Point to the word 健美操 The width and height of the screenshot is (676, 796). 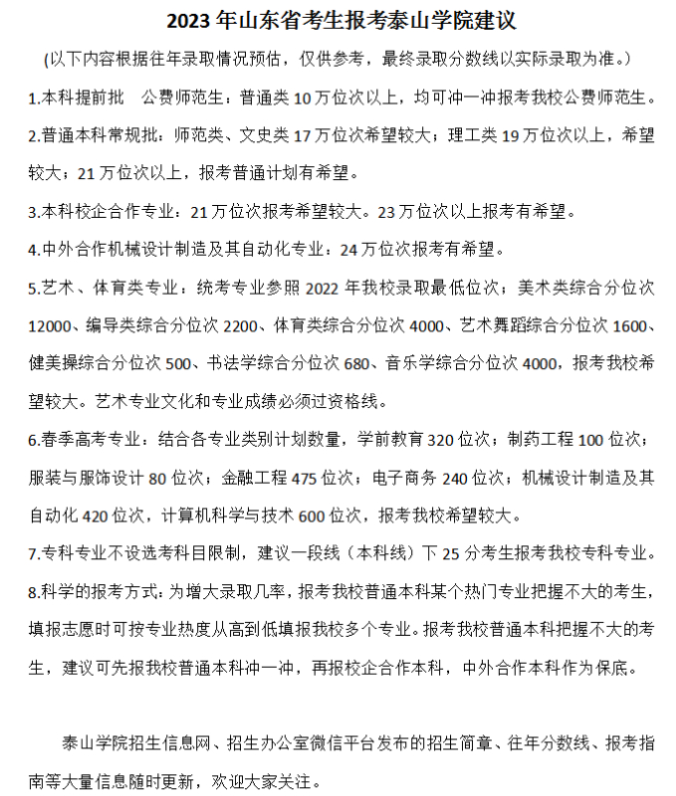(54, 363)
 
